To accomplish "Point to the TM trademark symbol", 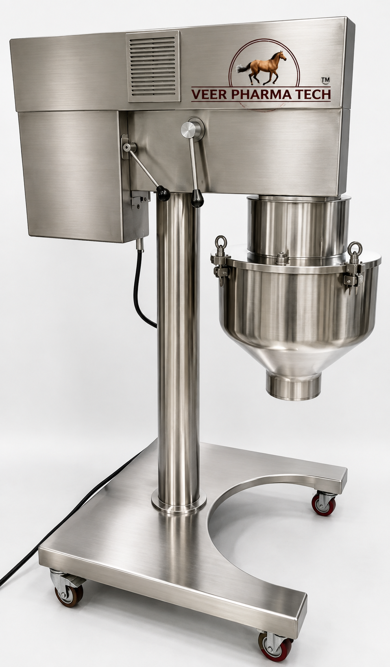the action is point(325,80).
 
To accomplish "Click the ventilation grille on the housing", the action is point(153,66).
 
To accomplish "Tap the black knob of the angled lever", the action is point(163,194).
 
